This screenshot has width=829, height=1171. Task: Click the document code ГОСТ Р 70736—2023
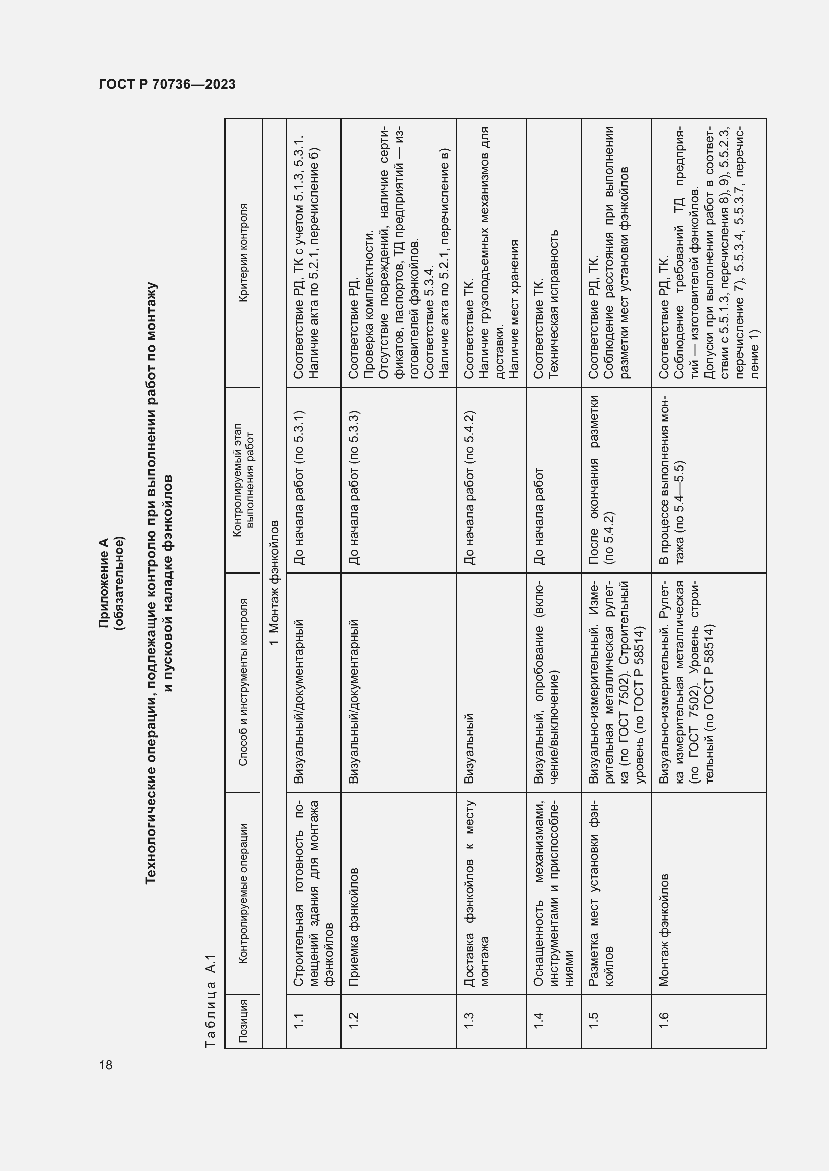click(167, 85)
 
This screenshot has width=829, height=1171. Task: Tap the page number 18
click(106, 1065)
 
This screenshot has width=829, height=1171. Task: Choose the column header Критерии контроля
click(243, 253)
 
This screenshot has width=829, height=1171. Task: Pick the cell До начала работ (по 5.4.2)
click(470, 487)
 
